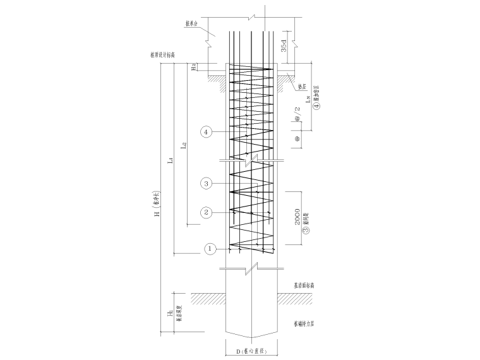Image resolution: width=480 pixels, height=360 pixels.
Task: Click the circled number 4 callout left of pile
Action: [206, 132]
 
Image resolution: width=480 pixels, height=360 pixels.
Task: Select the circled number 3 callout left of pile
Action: [206, 184]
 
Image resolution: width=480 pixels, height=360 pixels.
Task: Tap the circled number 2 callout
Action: [206, 212]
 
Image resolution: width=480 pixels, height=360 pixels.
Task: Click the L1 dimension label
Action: [171, 160]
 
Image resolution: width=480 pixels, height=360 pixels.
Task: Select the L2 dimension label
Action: [184, 147]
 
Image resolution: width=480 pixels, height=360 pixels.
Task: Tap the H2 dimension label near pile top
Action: [195, 67]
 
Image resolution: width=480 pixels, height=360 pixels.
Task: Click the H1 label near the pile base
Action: [169, 313]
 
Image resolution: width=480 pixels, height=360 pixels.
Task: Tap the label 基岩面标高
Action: [304, 285]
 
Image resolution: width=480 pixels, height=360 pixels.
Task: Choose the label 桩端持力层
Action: [304, 323]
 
